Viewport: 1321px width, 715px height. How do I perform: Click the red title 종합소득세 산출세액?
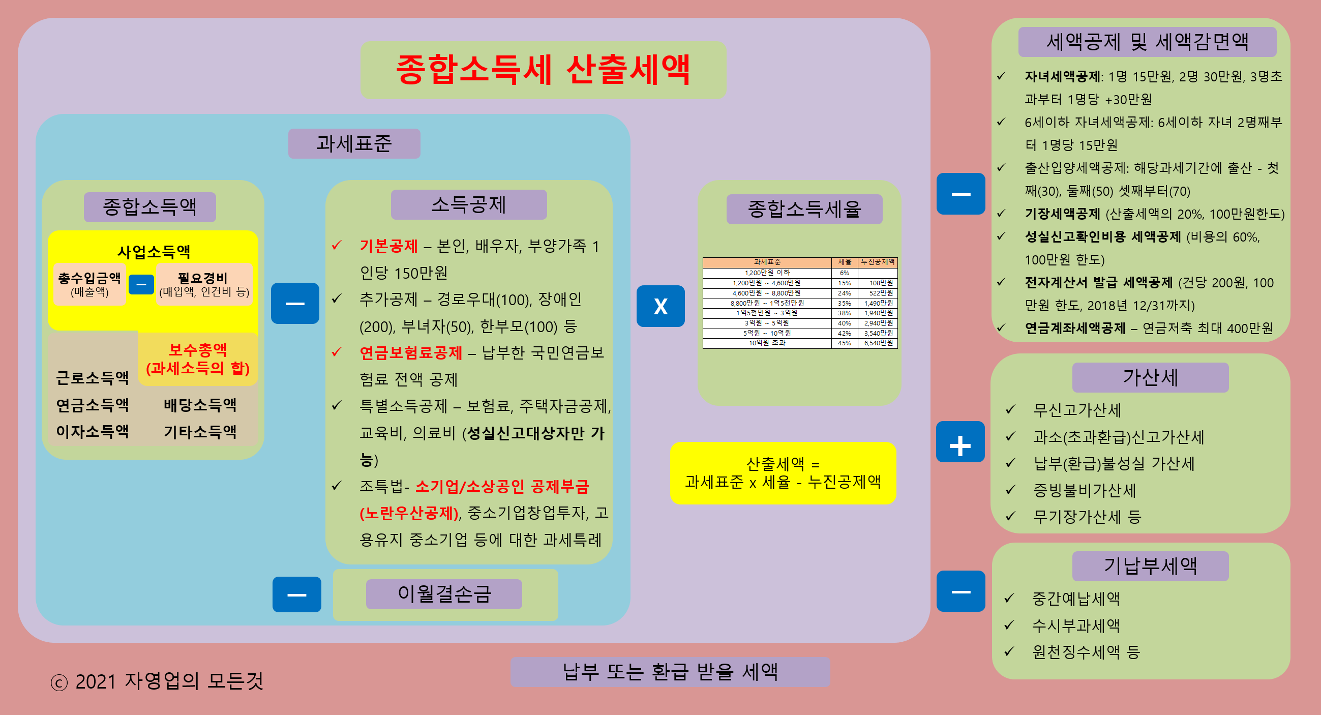click(543, 70)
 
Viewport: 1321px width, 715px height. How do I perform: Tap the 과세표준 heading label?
click(354, 143)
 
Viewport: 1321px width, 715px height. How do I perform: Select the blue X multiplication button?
click(660, 306)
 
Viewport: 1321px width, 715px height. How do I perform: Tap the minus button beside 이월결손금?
click(296, 594)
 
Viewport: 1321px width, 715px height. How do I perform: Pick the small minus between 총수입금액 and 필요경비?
click(141, 284)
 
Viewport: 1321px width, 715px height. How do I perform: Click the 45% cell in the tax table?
click(844, 343)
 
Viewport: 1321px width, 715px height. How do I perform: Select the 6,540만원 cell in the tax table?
click(879, 343)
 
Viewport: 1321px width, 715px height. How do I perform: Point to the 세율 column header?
click(844, 262)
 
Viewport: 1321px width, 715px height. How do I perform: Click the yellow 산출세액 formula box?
click(783, 473)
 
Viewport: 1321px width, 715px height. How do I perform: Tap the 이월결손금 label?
click(444, 594)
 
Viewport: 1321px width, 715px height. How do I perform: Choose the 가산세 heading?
click(1150, 377)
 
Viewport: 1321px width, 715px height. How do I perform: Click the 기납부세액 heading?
click(1150, 567)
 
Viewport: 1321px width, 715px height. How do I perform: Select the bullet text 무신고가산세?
click(1077, 410)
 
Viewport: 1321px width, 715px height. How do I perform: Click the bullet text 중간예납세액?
click(1075, 599)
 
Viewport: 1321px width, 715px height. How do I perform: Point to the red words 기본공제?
click(388, 246)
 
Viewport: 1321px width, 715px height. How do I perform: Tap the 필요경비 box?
click(204, 284)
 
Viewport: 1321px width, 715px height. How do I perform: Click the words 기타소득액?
click(200, 432)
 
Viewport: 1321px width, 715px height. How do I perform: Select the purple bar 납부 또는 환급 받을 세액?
click(670, 672)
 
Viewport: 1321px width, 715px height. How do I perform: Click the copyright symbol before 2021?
click(59, 682)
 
